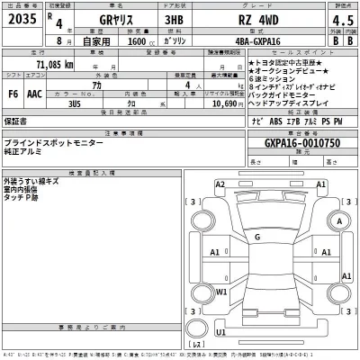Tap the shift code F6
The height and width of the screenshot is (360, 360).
click(13, 93)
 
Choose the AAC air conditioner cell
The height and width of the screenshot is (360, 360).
click(37, 93)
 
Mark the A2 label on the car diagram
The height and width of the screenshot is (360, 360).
click(220, 184)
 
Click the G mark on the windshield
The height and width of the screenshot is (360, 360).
click(256, 237)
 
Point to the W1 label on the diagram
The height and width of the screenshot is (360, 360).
click(221, 292)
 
